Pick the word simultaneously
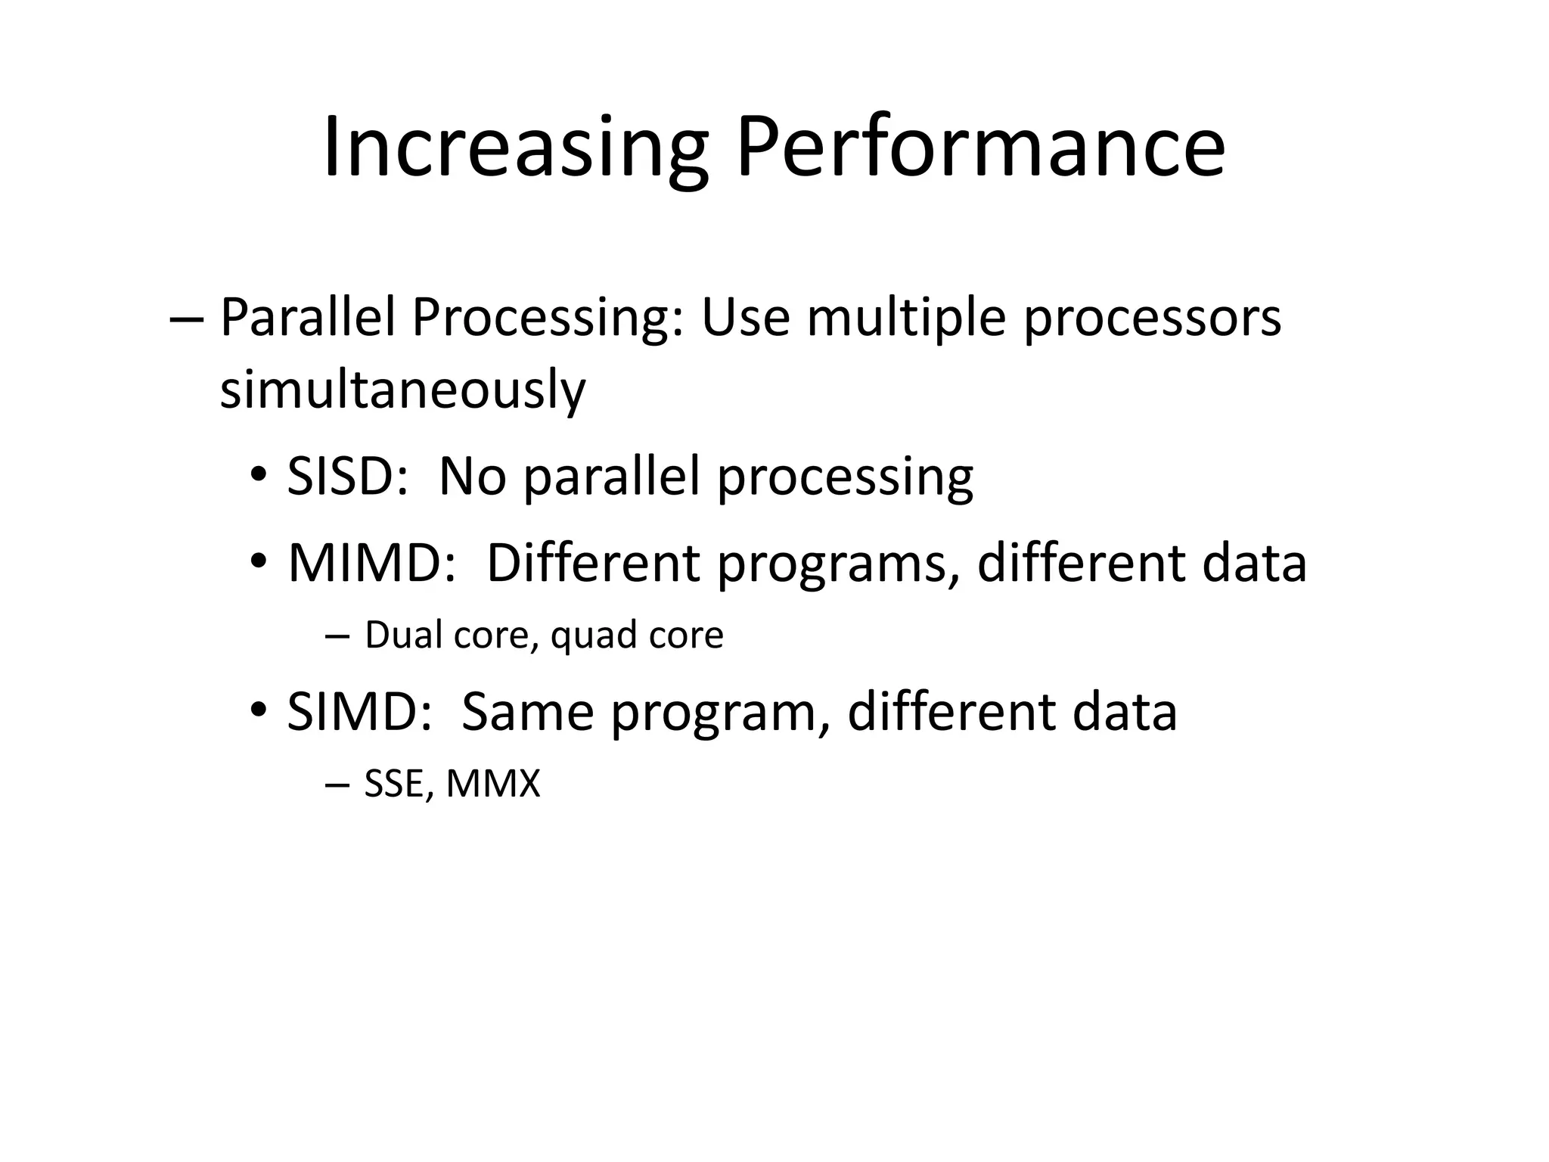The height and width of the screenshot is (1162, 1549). (402, 390)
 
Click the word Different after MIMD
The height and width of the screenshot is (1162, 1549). (593, 564)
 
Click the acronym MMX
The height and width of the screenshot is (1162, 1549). (493, 784)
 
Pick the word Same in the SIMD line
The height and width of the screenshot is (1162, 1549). (527, 713)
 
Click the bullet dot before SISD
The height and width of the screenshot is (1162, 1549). (259, 475)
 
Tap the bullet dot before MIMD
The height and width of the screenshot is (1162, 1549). (259, 561)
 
